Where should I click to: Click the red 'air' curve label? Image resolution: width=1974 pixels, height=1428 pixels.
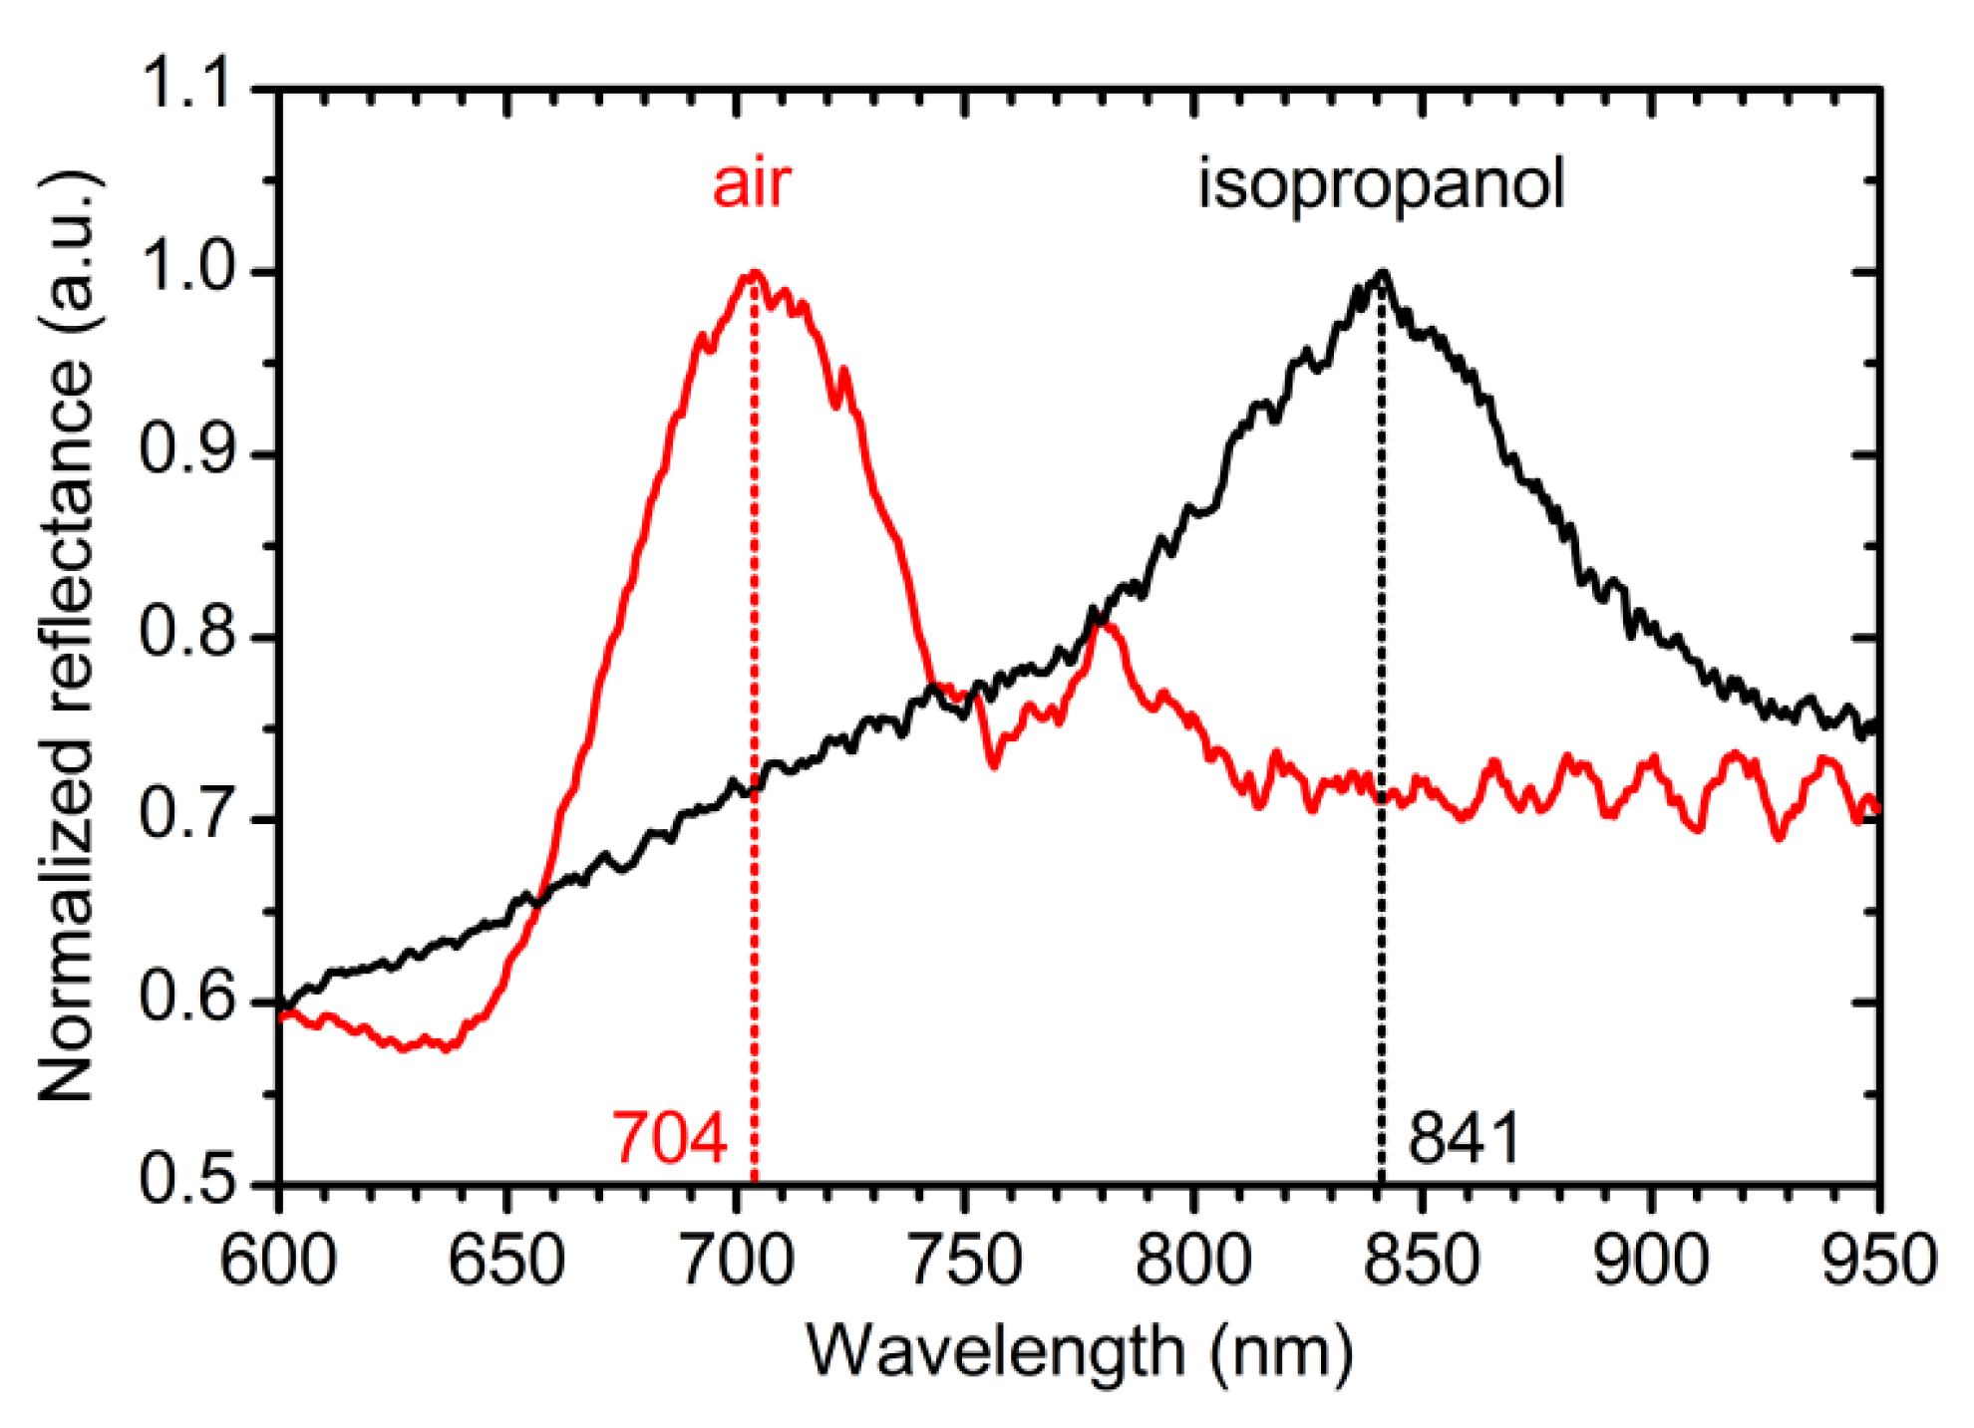click(751, 184)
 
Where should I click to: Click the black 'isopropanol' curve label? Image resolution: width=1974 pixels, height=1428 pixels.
click(1380, 185)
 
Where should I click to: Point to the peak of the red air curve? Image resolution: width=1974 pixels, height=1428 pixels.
click(755, 272)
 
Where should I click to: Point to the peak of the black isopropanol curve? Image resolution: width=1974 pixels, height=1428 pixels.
click(1382, 272)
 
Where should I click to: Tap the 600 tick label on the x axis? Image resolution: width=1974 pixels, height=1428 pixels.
click(278, 1261)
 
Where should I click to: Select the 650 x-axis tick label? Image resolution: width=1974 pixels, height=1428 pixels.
click(506, 1261)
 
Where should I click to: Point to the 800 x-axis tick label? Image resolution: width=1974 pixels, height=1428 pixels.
click(1192, 1261)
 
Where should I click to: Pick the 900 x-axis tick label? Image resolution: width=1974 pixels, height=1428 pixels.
click(1651, 1261)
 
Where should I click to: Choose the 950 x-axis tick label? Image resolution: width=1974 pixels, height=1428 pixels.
click(1878, 1261)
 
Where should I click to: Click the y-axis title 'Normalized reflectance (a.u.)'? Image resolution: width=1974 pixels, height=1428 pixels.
click(67, 636)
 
